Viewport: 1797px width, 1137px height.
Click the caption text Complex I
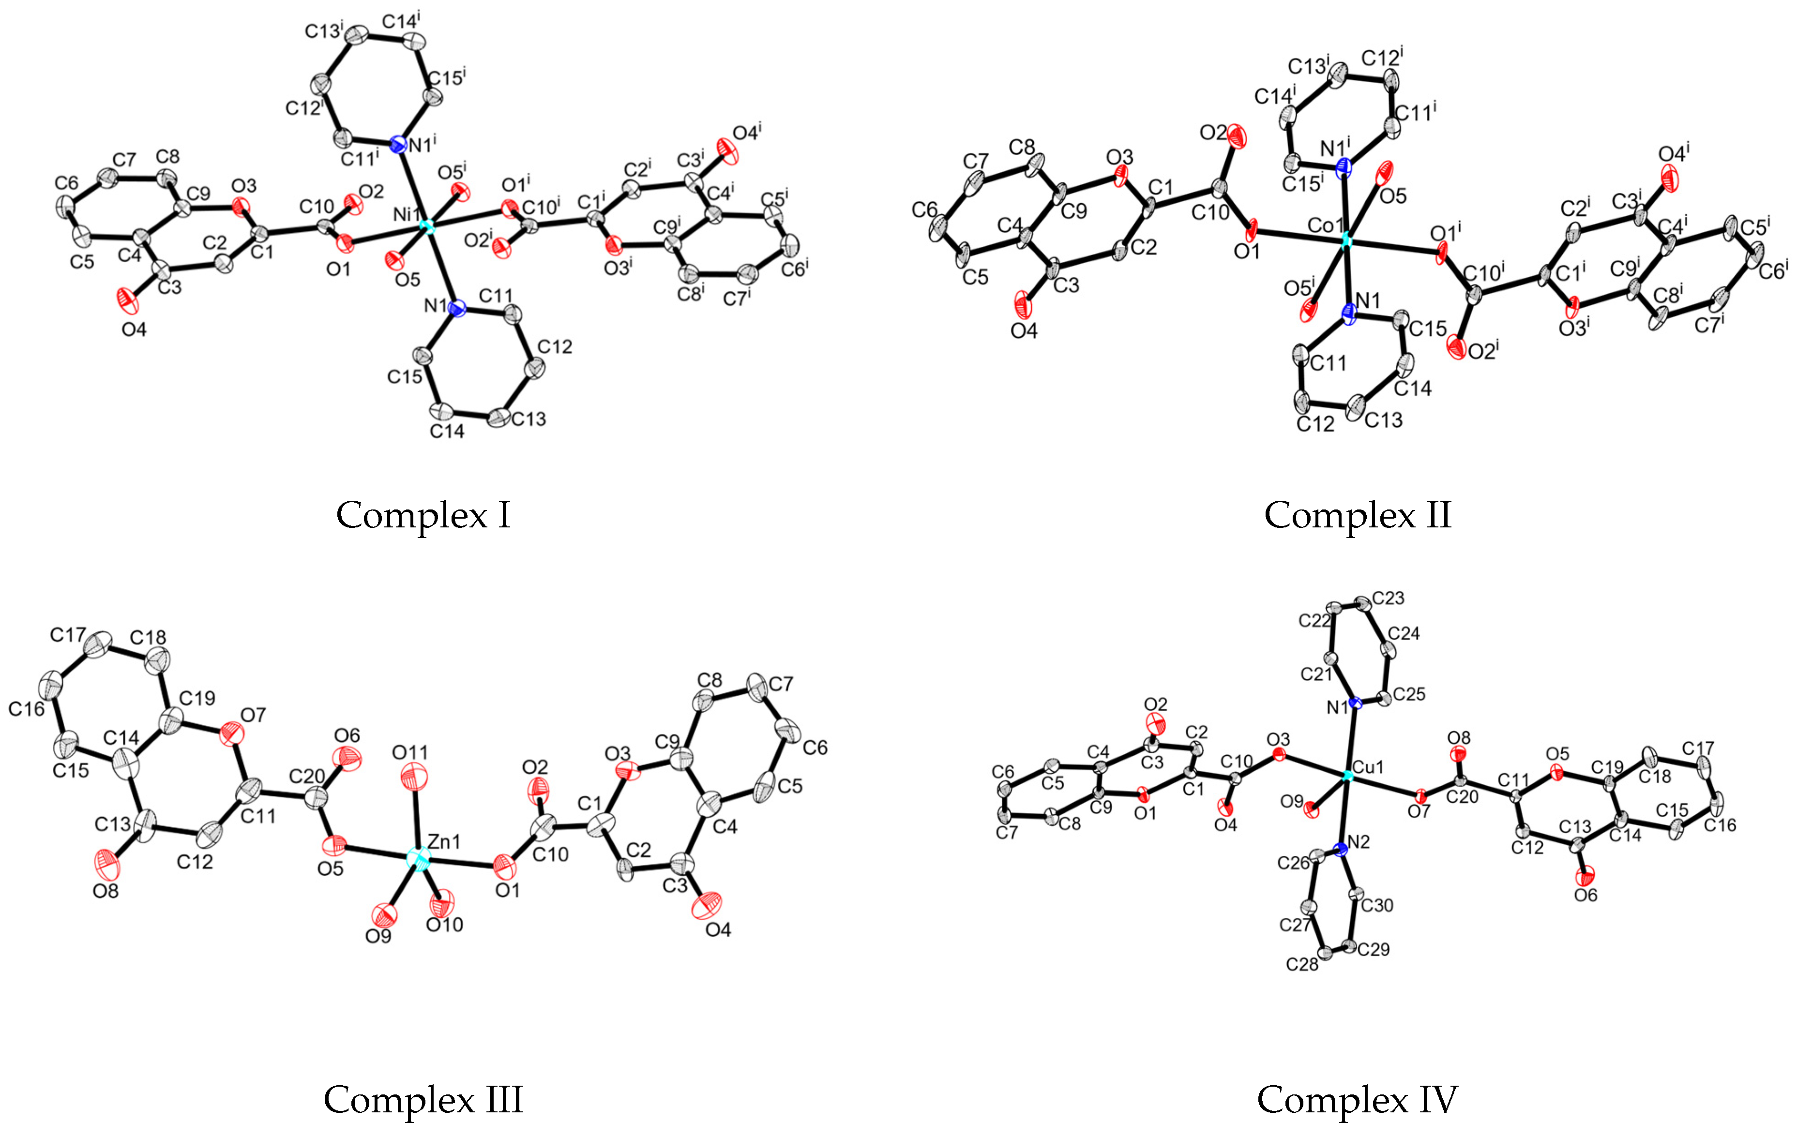423,515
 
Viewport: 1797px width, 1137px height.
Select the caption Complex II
1358,515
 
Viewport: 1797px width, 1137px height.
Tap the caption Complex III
423,1100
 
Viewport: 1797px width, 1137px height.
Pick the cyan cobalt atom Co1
1345,241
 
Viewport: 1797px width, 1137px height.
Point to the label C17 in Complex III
68,635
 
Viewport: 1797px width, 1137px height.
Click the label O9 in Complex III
378,936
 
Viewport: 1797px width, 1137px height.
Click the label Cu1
1368,767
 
